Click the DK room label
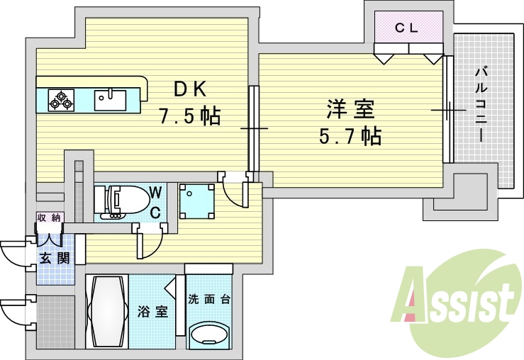tap(189, 89)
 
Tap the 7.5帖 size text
tap(189, 116)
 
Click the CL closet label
tap(407, 28)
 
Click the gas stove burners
tap(60, 100)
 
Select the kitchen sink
tap(110, 99)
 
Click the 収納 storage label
tap(50, 218)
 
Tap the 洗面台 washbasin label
tap(210, 298)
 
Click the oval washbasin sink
tap(210, 334)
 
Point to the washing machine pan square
tap(196, 201)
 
